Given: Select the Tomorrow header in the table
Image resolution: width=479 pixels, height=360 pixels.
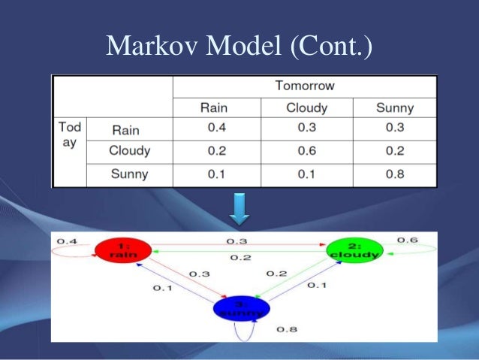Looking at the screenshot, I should (x=305, y=86).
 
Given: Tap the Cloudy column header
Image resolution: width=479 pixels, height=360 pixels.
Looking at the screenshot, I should (x=306, y=107).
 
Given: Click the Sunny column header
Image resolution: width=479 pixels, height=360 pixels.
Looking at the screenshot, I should (x=394, y=107).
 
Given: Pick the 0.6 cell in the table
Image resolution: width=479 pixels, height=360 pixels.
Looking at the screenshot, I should (x=306, y=150).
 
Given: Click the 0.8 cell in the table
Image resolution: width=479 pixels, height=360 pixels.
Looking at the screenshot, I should (x=394, y=174).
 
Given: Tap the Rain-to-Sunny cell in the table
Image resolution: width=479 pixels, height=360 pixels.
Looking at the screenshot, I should (x=394, y=128).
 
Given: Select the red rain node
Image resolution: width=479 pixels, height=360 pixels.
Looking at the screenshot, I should (x=123, y=250).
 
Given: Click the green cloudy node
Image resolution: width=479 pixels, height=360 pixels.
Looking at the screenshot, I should (x=354, y=250).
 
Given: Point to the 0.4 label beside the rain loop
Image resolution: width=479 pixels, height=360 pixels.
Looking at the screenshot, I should (x=67, y=241).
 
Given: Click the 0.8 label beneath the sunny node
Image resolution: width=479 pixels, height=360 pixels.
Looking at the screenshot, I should (x=287, y=329).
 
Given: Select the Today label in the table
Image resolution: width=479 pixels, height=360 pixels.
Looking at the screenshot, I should (x=69, y=135).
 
